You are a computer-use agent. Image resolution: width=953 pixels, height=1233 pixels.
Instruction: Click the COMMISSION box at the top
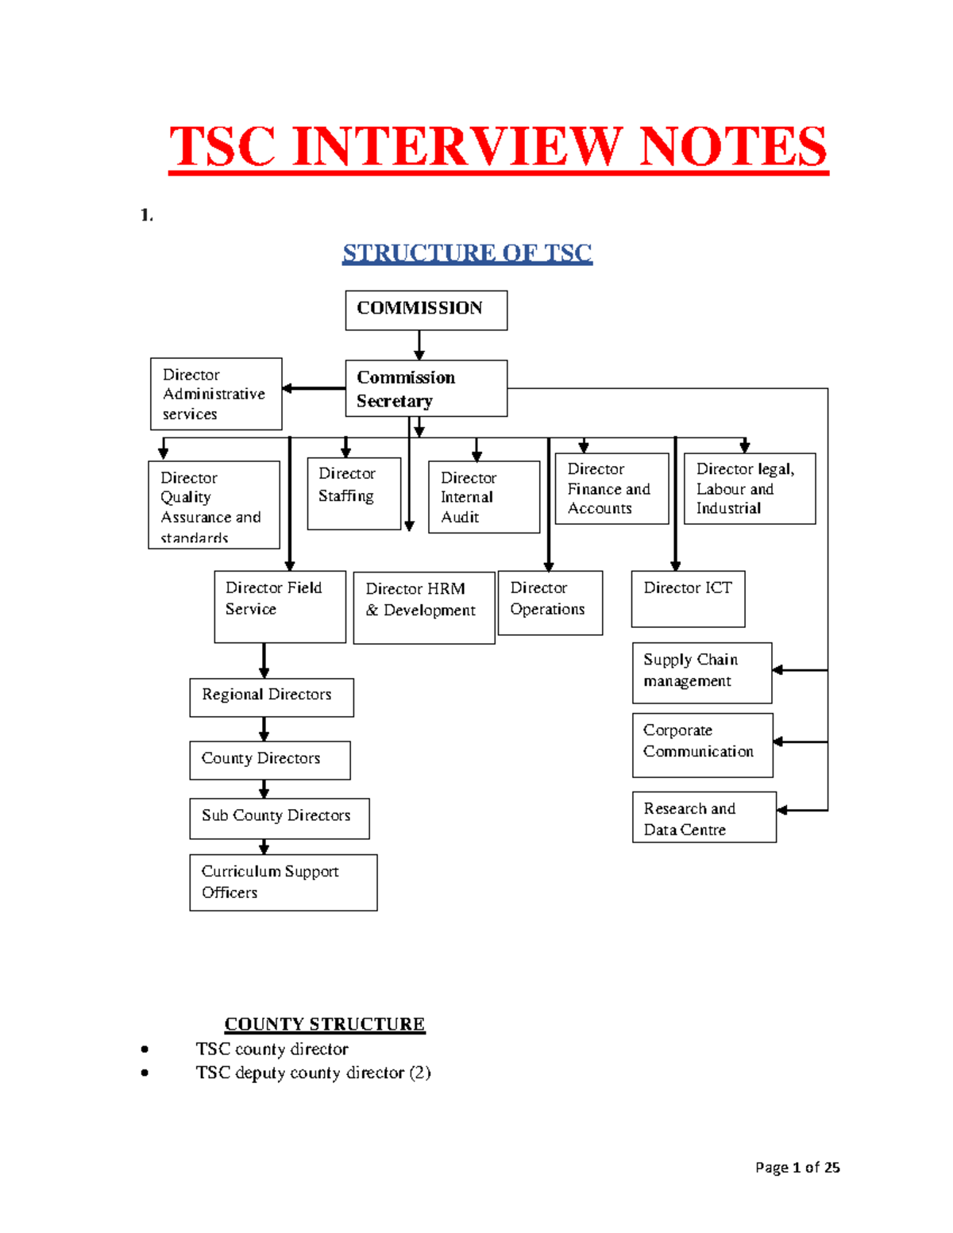426,310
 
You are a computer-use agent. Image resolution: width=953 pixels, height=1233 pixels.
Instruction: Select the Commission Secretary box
426,388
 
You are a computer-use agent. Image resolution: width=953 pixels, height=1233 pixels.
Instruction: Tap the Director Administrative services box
216,394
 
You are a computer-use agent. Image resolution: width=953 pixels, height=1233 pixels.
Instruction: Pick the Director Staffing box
353,493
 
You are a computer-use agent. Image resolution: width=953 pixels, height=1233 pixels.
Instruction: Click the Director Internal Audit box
484,497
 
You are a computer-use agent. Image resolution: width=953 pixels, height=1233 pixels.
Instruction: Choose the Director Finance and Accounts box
612,488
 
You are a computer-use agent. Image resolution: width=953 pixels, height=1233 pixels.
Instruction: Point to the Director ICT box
688,599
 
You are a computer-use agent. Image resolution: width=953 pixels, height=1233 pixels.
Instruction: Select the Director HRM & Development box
423,607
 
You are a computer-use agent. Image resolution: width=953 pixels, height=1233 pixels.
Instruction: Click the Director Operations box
550,603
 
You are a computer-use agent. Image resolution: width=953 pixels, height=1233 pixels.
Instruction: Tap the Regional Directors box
271,697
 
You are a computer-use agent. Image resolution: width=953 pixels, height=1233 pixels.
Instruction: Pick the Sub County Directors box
279,818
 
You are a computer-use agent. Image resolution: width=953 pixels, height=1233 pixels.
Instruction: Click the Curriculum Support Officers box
283,882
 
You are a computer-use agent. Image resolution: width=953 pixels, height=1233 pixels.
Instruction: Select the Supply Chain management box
701,672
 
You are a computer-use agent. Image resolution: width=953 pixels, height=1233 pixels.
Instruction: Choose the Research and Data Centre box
704,817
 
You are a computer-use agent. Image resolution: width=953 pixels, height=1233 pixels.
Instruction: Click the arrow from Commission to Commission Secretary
419,345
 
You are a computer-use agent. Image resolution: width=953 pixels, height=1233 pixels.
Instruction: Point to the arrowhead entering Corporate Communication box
778,742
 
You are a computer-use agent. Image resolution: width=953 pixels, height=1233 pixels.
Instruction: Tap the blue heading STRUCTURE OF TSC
467,253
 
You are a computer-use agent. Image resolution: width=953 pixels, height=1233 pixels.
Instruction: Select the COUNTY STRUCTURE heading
324,1024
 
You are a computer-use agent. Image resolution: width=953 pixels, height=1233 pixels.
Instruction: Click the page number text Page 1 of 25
797,1167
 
